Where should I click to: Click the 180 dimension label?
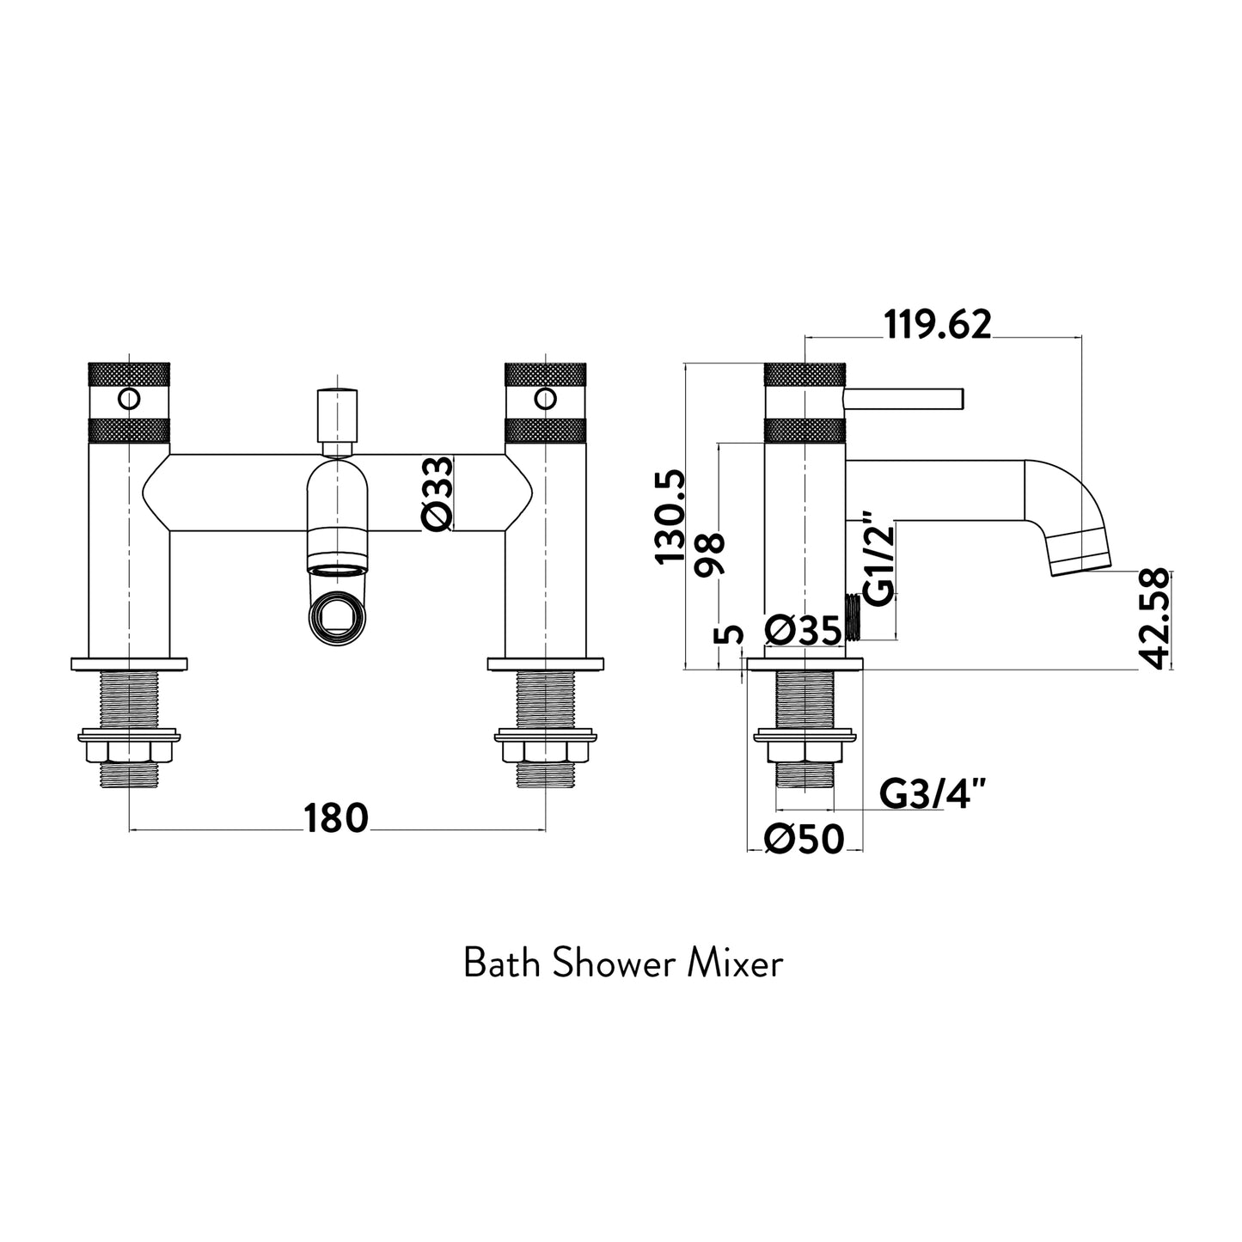[x=335, y=818]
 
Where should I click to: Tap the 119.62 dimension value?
[x=938, y=325]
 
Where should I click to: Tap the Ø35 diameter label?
[x=802, y=632]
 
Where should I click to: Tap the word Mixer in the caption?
[x=736, y=964]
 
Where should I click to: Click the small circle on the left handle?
[x=129, y=399]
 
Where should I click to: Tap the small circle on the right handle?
[x=545, y=399]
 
